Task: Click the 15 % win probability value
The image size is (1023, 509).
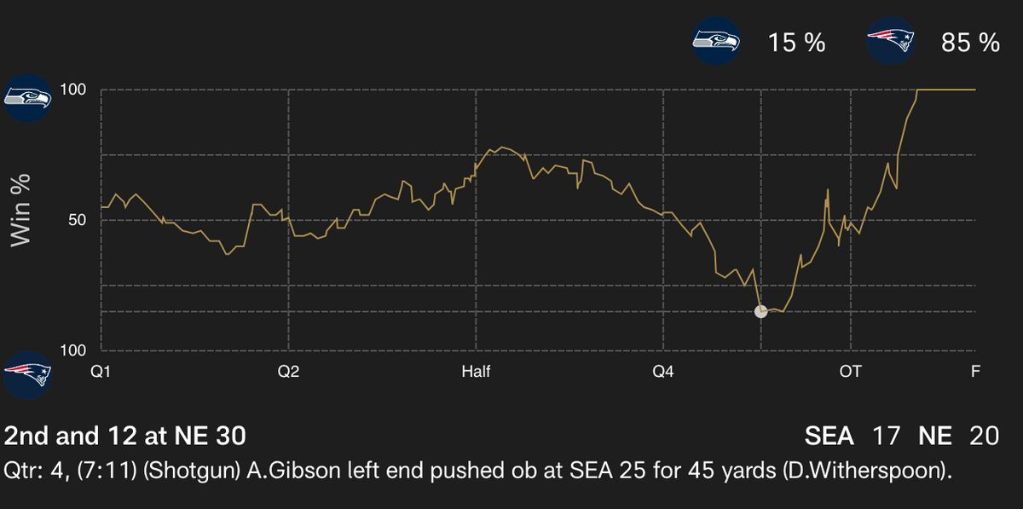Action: (796, 43)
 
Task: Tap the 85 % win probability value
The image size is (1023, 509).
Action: (970, 43)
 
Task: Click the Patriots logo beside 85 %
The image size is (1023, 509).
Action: (892, 41)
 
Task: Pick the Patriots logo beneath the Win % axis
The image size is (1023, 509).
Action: (28, 373)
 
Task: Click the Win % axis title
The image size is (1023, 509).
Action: (20, 210)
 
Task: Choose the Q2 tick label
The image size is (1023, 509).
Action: (288, 372)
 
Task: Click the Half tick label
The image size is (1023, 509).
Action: (476, 372)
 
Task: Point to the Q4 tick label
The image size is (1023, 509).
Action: (663, 372)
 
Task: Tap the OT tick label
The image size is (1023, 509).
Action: (850, 372)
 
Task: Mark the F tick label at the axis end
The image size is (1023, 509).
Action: (975, 372)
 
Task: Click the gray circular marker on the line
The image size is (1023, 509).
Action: (761, 311)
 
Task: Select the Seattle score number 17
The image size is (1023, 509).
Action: (886, 436)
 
